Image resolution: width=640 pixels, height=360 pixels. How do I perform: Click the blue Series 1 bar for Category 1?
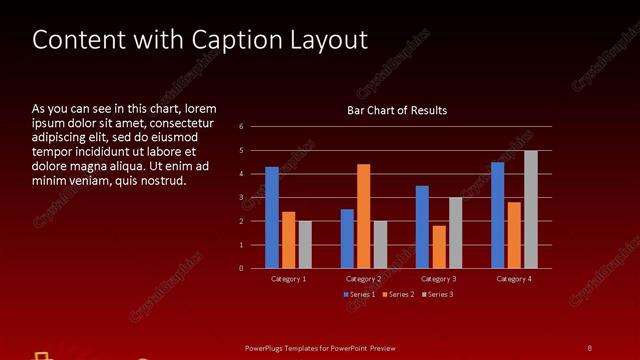coord(272,217)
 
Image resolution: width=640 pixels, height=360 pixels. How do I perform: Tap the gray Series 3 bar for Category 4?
coord(531,209)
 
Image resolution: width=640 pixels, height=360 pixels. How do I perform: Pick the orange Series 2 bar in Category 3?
coord(439,247)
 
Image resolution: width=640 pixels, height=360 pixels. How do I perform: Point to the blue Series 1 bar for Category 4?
coord(498,215)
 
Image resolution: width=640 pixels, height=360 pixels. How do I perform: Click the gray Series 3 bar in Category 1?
coord(305,245)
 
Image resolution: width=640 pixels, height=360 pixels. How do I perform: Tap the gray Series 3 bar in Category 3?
coord(456,233)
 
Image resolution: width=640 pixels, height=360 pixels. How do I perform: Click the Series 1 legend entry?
coord(360,295)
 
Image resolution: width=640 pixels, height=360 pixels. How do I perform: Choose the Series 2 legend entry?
coord(398,295)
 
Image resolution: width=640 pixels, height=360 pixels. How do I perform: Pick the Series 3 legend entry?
coord(437,295)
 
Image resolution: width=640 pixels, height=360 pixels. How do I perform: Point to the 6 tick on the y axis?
coord(242,127)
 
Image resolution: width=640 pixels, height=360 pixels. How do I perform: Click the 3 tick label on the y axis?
coord(242,198)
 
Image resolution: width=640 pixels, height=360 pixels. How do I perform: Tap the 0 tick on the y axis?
coord(242,268)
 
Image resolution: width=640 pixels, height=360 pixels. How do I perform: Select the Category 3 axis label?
coord(439,279)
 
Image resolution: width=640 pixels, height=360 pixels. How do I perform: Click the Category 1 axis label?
coord(289,279)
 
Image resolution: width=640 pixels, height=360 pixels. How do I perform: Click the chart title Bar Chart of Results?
coord(397,110)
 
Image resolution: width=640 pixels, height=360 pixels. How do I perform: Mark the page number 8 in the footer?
coord(589,347)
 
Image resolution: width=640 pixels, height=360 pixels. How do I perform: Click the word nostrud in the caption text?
coord(163,181)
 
